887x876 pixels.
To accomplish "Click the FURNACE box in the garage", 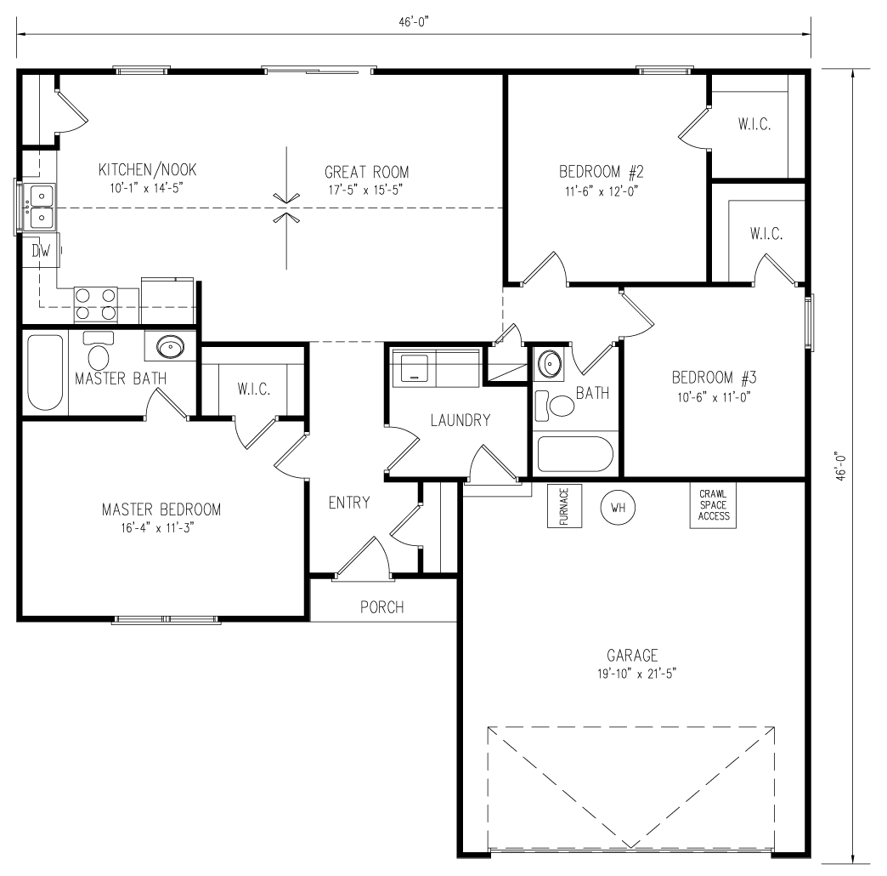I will [563, 507].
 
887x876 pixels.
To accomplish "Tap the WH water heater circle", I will [619, 508].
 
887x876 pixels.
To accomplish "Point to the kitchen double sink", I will [40, 207].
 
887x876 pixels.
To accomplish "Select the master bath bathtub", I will [45, 373].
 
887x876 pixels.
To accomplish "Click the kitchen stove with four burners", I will [97, 304].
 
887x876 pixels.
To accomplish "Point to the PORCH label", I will [381, 607].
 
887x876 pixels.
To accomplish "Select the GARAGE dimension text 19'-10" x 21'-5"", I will [632, 674].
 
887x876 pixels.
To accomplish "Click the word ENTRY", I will [349, 503].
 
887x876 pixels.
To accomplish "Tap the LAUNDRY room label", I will [460, 419].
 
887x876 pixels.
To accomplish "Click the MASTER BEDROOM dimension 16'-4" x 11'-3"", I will [161, 528].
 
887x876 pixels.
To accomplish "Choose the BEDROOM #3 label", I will [714, 378].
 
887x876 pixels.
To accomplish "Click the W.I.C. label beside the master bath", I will [253, 389].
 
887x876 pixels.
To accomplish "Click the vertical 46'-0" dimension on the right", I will [841, 466].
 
